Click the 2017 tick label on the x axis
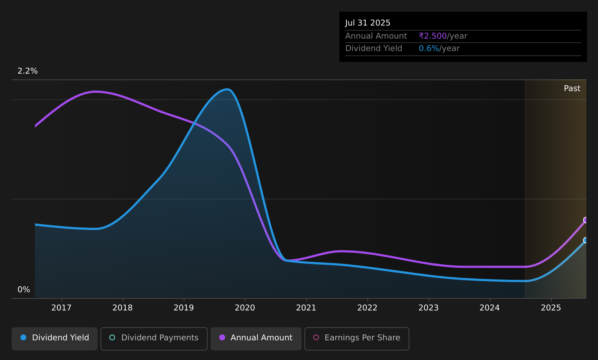pos(62,308)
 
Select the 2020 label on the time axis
pos(245,308)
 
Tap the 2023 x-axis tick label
pos(429,308)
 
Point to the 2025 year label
pos(551,308)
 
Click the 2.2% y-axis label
pos(28,71)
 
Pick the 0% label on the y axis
pos(24,290)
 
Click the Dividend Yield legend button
pos(55,339)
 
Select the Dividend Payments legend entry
pos(154,339)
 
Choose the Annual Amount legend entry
pos(256,339)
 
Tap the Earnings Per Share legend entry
pos(357,339)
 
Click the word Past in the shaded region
pos(572,89)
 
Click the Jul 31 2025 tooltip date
pos(367,23)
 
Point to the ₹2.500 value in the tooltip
pos(433,36)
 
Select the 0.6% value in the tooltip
pos(429,48)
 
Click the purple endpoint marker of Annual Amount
pos(586,220)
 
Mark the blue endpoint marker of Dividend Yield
pos(586,240)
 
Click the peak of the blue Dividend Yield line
pos(227,89)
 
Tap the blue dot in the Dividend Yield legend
pos(24,337)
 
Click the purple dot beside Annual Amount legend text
pos(222,337)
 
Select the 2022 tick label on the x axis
pos(367,308)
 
